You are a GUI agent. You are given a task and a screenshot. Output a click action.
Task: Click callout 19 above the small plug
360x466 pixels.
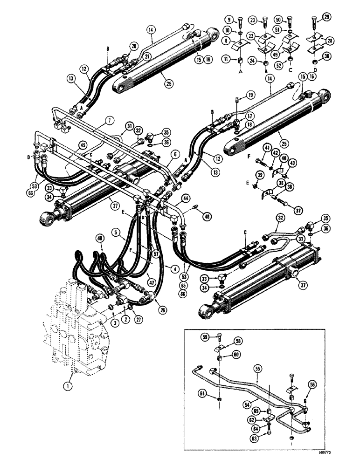click(251, 95)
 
